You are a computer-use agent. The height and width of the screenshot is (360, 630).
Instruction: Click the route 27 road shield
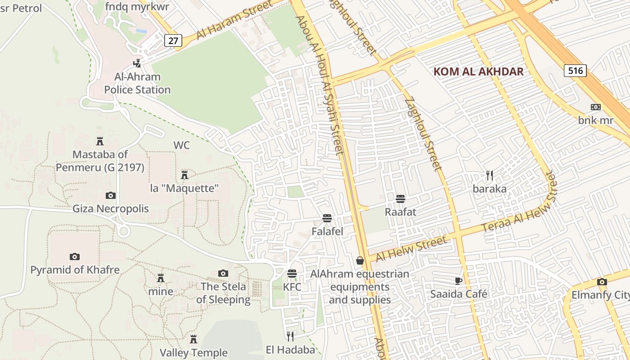pos(173,40)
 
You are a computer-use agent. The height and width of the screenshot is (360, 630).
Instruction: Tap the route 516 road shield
pos(575,70)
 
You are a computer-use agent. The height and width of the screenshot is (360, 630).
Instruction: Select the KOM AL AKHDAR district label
pos(478,72)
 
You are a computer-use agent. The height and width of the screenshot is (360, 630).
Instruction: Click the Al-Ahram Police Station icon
pos(137,63)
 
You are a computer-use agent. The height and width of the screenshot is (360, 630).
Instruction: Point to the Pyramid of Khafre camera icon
pos(75,257)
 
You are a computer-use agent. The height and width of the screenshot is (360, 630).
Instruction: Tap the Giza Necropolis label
pos(111,209)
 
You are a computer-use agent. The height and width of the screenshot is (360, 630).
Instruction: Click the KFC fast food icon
pos(292,274)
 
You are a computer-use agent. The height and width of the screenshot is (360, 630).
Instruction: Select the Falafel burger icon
pos(327,219)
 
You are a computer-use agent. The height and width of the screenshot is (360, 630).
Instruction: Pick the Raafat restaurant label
pos(400,211)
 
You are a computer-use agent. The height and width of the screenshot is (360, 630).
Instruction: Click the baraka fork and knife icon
pos(490,175)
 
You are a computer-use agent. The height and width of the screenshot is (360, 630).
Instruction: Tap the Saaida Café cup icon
pos(458,281)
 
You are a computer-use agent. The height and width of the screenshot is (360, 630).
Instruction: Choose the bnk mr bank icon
pos(596,107)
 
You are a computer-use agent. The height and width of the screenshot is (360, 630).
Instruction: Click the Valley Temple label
pos(193,352)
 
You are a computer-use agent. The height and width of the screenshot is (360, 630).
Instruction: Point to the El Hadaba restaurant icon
pos(290,336)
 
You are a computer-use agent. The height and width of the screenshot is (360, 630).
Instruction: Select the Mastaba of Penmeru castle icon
pos(100,141)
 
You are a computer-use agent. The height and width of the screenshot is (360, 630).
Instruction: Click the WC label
pos(182,145)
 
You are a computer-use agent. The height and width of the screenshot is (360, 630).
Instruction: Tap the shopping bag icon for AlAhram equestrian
pos(360,261)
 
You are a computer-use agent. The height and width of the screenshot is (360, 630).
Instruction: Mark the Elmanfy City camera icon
pos(602,282)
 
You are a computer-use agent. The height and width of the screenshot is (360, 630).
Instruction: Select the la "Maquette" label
pos(184,188)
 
